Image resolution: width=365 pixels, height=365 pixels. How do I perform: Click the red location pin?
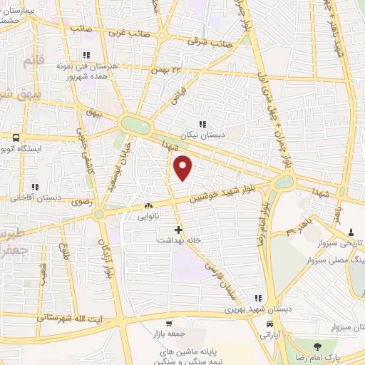click(x=184, y=168)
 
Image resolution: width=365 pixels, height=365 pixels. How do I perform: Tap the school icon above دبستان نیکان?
click(x=204, y=125)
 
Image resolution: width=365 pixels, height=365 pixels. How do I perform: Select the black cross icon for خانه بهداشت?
click(x=178, y=230)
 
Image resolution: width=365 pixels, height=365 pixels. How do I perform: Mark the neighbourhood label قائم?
click(x=34, y=62)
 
